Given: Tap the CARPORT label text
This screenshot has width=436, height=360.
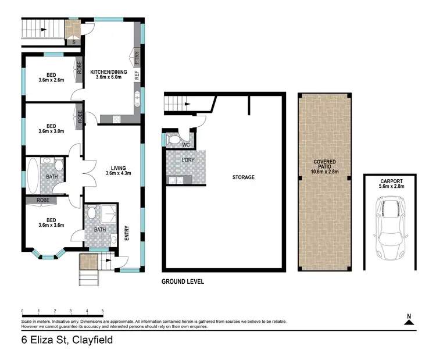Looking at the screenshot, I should [x=389, y=181].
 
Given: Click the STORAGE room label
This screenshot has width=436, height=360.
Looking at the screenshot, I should [x=243, y=177].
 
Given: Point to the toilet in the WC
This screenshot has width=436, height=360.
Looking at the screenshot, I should [x=174, y=140].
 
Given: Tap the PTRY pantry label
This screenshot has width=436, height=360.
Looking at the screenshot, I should [x=137, y=58].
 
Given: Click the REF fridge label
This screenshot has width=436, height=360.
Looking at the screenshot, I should [x=137, y=76].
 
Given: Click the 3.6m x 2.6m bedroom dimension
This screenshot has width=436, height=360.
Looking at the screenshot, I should [x=51, y=80].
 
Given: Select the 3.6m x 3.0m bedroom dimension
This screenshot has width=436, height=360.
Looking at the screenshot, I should [x=51, y=131].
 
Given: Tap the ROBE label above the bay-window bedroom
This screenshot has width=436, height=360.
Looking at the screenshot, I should [x=43, y=200].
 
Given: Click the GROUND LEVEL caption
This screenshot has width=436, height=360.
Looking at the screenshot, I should [x=183, y=281].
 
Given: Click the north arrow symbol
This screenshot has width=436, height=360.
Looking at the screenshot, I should [x=409, y=320].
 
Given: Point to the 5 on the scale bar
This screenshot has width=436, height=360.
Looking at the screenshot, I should [x=102, y=311].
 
